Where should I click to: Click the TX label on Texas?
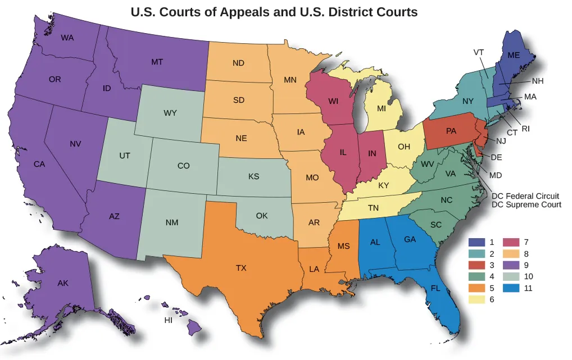(241, 268)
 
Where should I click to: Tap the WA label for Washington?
(67, 38)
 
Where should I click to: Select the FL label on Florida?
(435, 288)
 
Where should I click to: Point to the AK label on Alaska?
(63, 284)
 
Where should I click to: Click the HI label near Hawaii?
(168, 321)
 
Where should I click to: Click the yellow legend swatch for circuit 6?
(477, 299)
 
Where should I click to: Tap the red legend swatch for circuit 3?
(477, 265)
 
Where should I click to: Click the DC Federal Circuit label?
(525, 196)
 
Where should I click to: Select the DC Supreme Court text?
(526, 205)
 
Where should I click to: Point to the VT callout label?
(479, 52)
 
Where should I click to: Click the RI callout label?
(526, 129)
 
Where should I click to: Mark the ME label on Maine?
(514, 55)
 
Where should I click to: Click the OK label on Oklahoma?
(262, 216)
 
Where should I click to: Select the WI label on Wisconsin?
(333, 102)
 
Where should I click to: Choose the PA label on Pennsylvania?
(451, 131)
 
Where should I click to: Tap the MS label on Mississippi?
(344, 246)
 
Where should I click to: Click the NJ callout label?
(501, 141)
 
